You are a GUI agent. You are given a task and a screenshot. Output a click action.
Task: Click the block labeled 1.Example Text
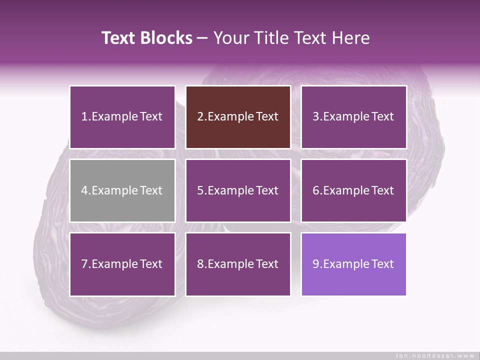pos(122,117)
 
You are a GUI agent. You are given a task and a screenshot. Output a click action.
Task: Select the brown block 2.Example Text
pos(238,117)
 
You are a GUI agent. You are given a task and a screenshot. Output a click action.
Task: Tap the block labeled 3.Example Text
pos(353,117)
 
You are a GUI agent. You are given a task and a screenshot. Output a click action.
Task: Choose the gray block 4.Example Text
pos(122,190)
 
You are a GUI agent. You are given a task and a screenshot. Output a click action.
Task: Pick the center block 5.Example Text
pos(238,190)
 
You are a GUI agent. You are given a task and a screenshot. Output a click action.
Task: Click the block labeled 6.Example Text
pos(353,190)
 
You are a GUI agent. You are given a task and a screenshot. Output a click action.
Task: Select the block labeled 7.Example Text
pos(122,264)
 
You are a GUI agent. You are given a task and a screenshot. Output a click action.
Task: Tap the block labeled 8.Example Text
pos(238,264)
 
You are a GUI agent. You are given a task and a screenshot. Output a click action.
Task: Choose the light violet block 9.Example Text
pos(353,264)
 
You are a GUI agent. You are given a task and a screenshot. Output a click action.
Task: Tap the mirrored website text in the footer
pos(435,355)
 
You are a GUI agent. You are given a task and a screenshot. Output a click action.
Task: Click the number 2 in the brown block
pos(200,117)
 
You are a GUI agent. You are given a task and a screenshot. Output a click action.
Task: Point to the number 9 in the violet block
pos(316,264)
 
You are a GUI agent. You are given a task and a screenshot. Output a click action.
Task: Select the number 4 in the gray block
pos(84,190)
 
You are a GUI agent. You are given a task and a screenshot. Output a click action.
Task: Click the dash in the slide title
pos(202,38)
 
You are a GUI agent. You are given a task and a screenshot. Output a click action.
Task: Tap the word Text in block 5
pos(267,190)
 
